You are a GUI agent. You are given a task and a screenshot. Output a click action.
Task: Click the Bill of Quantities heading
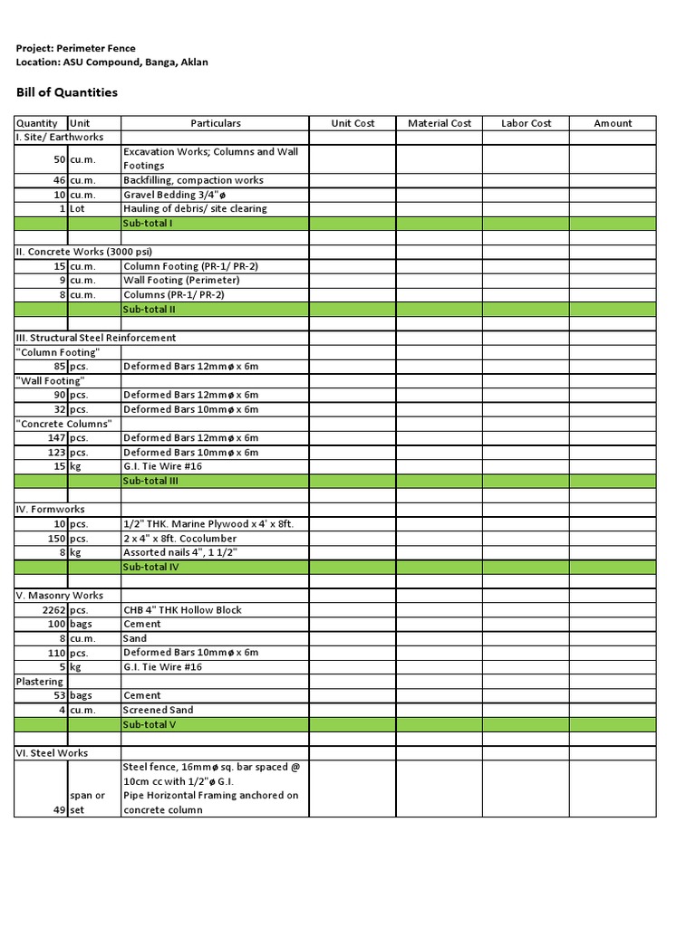pyautogui.click(x=67, y=92)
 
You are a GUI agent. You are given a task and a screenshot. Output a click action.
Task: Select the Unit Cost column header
pyautogui.click(x=353, y=123)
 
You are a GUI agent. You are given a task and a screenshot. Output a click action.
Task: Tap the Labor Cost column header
pyautogui.click(x=526, y=123)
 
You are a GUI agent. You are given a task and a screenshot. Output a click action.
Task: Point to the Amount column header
pyautogui.click(x=613, y=123)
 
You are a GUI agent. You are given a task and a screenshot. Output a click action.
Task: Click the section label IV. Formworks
pyautogui.click(x=53, y=510)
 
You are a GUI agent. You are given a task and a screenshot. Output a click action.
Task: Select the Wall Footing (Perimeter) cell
pyautogui.click(x=181, y=281)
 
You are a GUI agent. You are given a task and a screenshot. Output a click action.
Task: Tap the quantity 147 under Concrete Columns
pyautogui.click(x=56, y=438)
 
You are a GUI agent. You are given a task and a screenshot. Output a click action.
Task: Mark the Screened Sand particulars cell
pyautogui.click(x=159, y=711)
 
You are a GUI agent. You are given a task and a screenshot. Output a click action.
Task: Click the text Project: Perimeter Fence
pyautogui.click(x=76, y=48)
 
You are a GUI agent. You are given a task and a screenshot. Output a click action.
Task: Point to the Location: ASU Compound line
pyautogui.click(x=111, y=62)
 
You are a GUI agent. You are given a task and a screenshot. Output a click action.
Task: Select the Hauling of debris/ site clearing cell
pyautogui.click(x=195, y=209)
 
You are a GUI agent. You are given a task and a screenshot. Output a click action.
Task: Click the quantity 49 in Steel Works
pyautogui.click(x=59, y=810)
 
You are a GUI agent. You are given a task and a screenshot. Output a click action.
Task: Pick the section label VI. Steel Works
pyautogui.click(x=52, y=753)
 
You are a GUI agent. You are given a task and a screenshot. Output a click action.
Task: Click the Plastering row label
pyautogui.click(x=39, y=682)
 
